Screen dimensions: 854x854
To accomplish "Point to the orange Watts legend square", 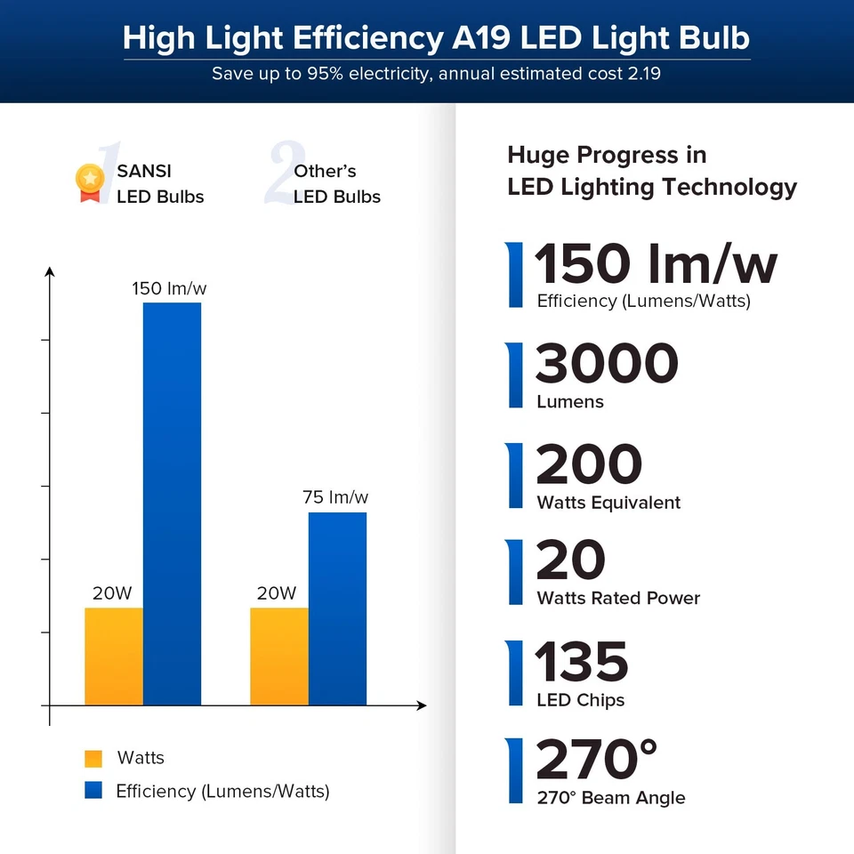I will (93, 759).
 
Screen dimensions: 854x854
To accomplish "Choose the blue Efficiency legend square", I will (93, 790).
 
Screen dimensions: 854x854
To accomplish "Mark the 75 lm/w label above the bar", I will (335, 497).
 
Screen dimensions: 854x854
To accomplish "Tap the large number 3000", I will (607, 364).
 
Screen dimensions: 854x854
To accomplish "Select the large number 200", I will (589, 464).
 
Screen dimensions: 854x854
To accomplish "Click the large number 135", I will (582, 663).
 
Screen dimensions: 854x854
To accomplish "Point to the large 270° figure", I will (596, 761).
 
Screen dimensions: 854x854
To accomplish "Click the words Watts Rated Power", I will (618, 599).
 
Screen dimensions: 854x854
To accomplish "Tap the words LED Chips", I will (581, 700).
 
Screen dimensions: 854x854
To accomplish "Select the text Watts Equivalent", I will (608, 503).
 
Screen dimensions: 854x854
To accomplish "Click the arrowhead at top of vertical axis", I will (50, 271).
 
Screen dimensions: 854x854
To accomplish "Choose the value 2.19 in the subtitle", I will (643, 74).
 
